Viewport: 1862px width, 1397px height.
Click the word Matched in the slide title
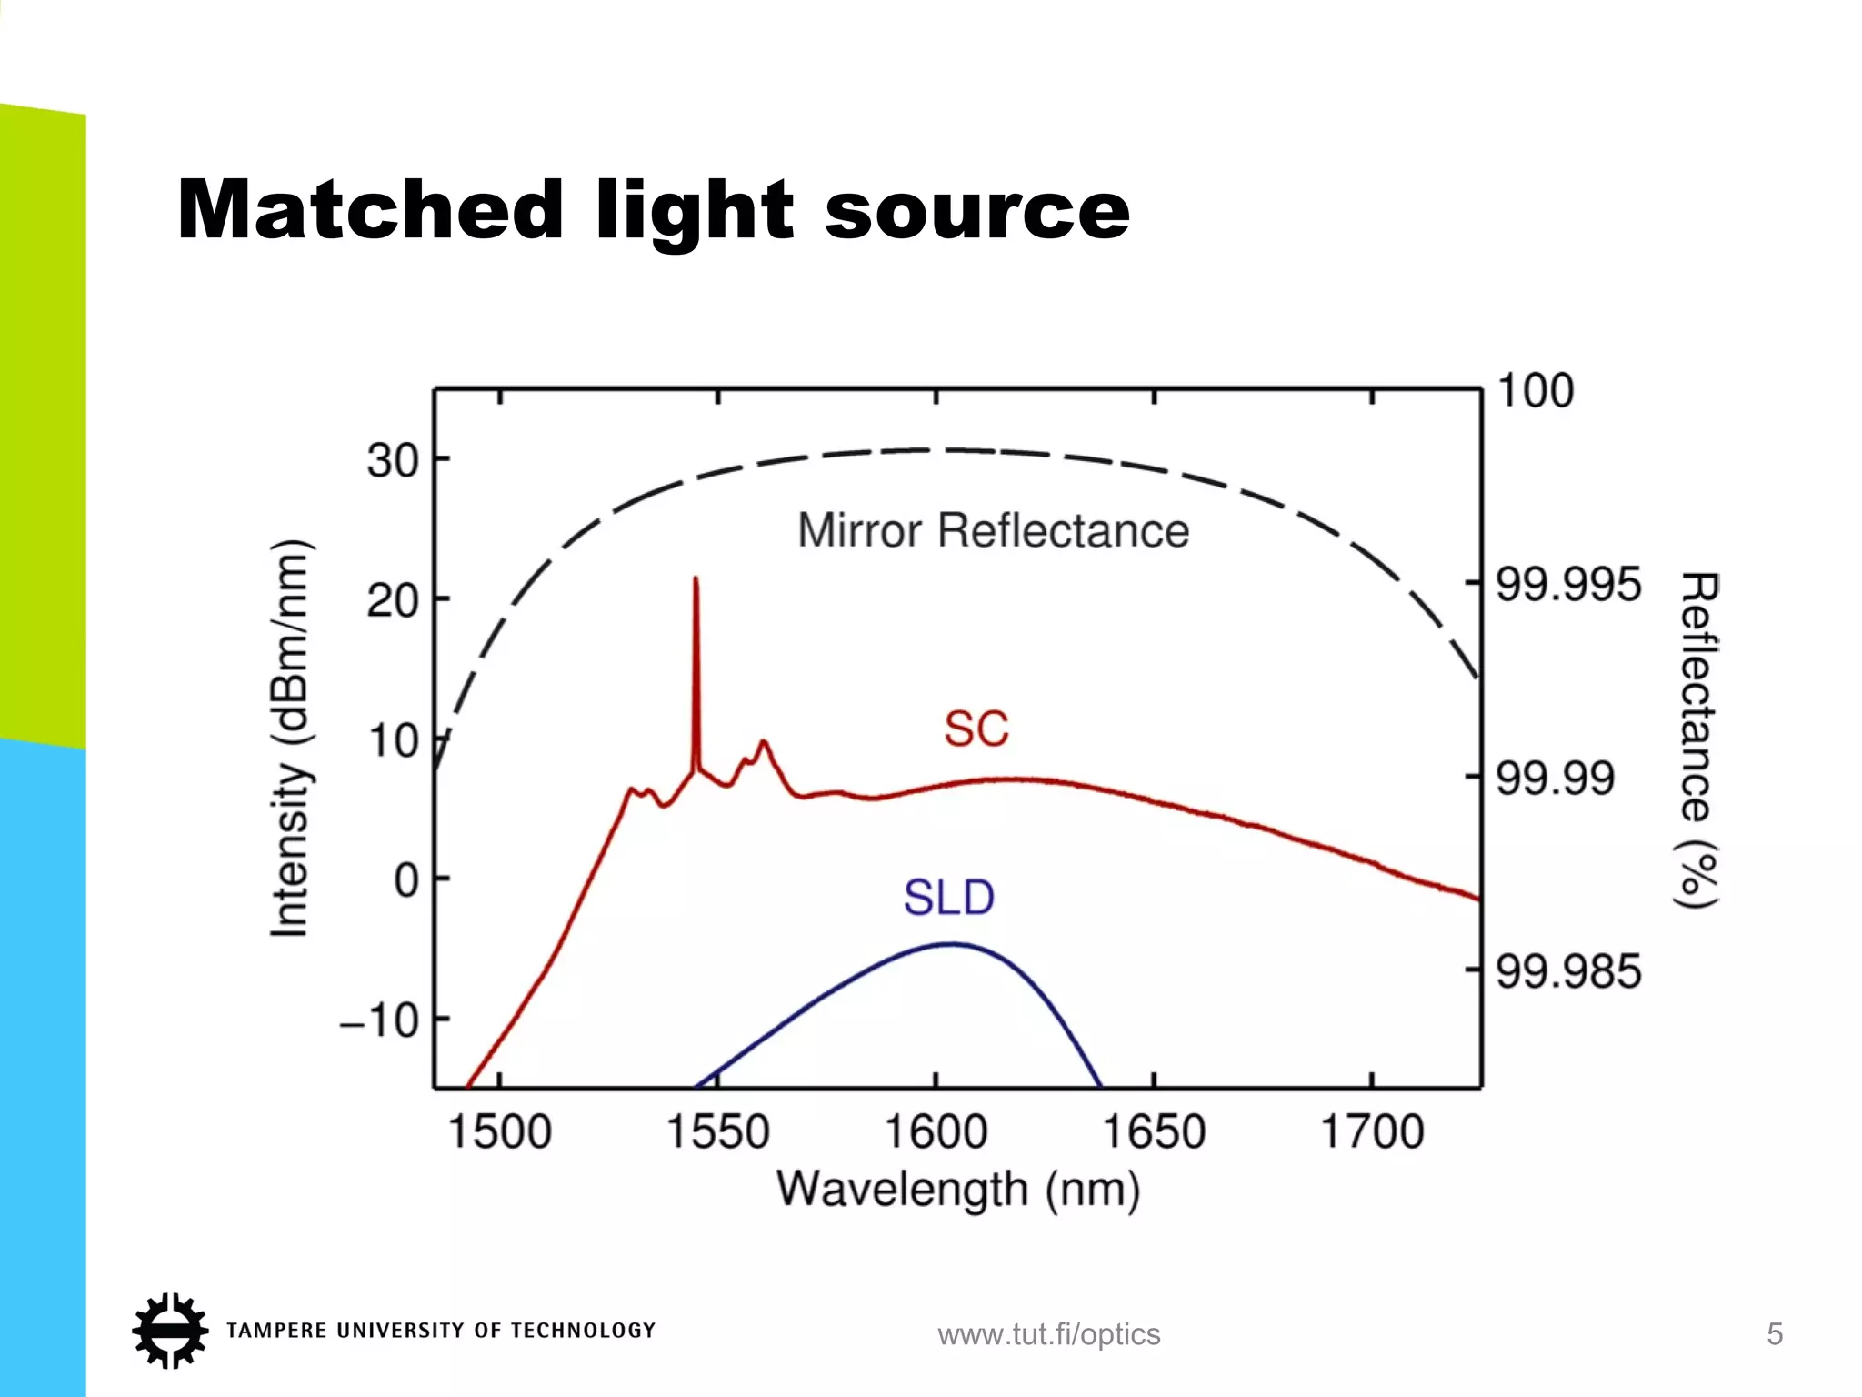click(370, 210)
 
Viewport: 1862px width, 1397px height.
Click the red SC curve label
click(976, 729)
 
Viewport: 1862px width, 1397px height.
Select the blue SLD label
click(948, 898)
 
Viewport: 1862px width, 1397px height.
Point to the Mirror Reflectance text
click(993, 530)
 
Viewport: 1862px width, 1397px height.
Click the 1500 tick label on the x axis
click(500, 1132)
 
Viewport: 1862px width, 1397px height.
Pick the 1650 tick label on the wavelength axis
click(1154, 1132)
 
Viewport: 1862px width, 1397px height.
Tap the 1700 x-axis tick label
click(1371, 1132)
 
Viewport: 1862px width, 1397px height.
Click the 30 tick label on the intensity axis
click(393, 461)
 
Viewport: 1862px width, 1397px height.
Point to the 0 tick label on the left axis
click(407, 880)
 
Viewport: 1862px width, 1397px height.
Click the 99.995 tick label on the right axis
click(1568, 584)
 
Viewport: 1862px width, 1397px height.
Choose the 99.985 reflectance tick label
click(1568, 971)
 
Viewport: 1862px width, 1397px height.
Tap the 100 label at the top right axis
click(1535, 391)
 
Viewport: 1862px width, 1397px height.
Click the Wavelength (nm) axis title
click(957, 1190)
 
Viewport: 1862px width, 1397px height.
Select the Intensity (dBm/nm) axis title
click(291, 739)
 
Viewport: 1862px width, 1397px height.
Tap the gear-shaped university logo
click(169, 1331)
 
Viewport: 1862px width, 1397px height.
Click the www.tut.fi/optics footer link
click(1049, 1334)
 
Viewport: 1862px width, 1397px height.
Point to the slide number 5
click(1774, 1334)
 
